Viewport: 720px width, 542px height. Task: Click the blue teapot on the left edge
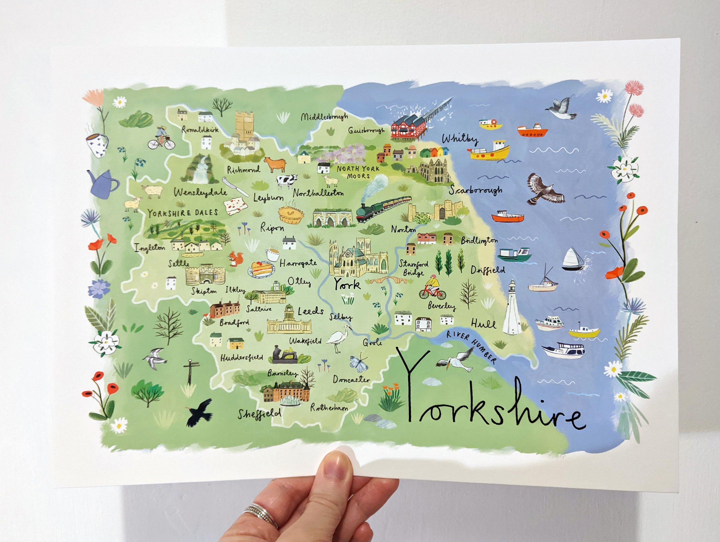point(103,185)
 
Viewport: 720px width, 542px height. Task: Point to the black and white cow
point(286,181)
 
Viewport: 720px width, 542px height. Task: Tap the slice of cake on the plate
point(261,269)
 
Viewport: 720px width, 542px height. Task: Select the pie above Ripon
point(291,214)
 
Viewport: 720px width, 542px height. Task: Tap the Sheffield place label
point(259,414)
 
